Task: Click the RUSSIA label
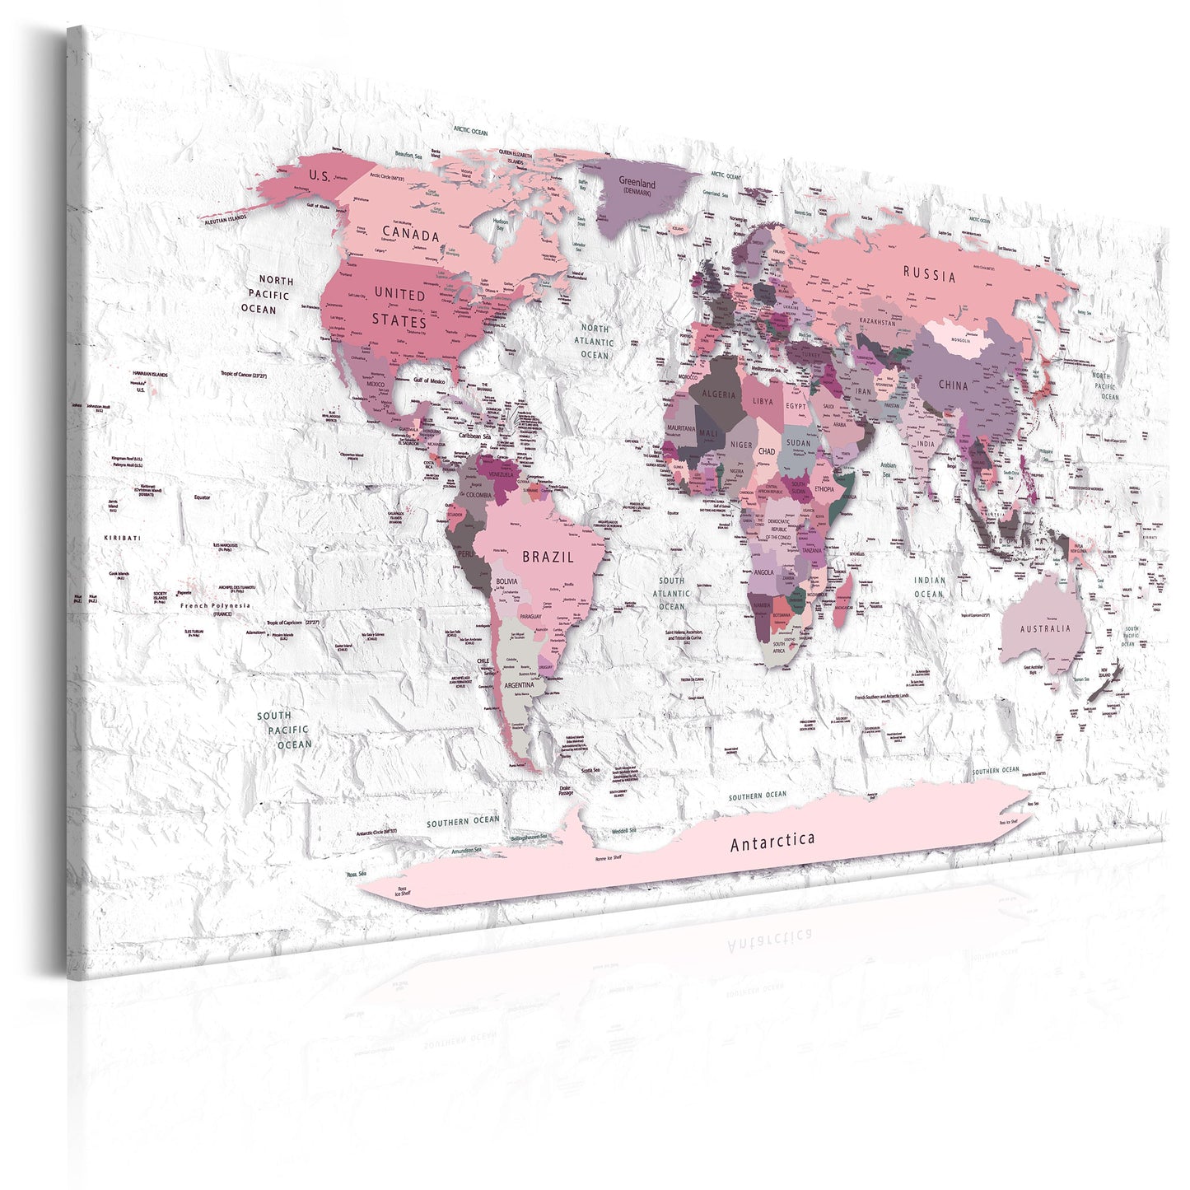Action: tap(930, 274)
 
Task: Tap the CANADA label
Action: tap(411, 235)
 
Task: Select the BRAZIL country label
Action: tap(548, 557)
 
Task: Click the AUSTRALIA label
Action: tap(1046, 628)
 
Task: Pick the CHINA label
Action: tap(954, 385)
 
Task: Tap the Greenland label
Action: tap(637, 184)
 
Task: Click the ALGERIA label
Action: tap(718, 394)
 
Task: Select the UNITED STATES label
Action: tap(399, 306)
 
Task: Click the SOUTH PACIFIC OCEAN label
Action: tap(282, 730)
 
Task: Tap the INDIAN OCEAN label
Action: tap(929, 586)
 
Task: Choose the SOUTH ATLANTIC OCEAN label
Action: tap(671, 593)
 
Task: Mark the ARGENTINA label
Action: tap(519, 684)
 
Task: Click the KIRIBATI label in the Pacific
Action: tap(122, 538)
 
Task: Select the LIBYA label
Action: tap(763, 401)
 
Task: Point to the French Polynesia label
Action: tap(215, 605)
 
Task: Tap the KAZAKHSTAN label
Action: tap(877, 322)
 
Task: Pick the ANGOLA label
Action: tap(763, 572)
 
